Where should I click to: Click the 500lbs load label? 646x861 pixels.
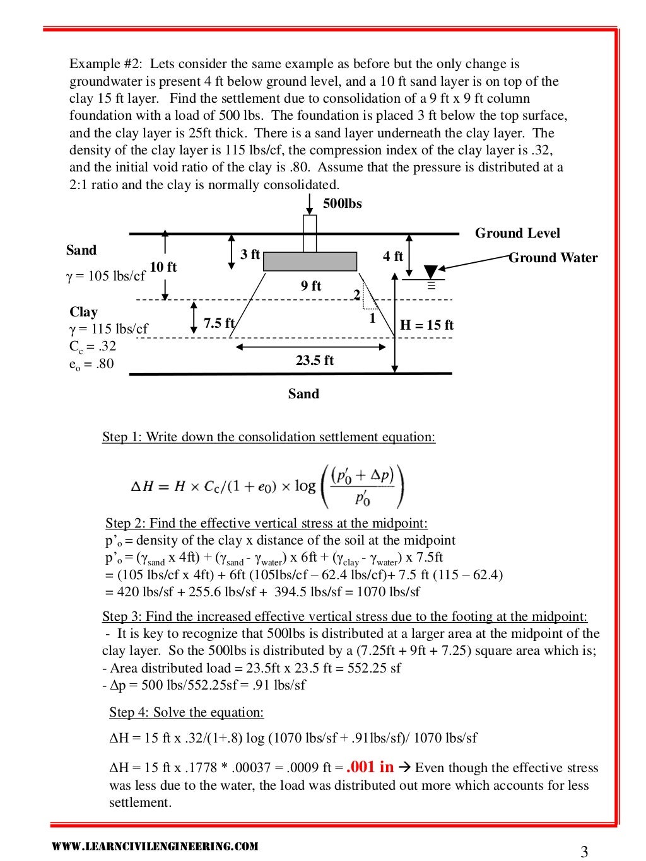342,204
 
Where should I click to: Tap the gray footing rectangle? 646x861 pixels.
310,261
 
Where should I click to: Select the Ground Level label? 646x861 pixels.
517,233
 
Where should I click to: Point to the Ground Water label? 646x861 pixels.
553,258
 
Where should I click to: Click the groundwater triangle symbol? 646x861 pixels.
431,272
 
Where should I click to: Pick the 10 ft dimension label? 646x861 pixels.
163,267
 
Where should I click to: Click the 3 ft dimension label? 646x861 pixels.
250,254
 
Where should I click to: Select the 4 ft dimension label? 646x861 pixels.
392,256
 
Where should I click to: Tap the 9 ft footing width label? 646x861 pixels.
311,286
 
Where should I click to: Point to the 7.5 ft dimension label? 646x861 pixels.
219,323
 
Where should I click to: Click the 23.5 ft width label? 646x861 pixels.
314,361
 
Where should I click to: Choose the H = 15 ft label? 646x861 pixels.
427,325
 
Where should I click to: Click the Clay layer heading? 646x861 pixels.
83,312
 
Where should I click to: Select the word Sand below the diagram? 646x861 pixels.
303,394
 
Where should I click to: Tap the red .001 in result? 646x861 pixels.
370,766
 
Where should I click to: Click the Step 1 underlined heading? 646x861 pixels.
269,437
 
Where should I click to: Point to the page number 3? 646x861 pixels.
584,852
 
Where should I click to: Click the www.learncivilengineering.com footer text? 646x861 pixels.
155,847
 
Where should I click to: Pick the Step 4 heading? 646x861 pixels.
186,712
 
